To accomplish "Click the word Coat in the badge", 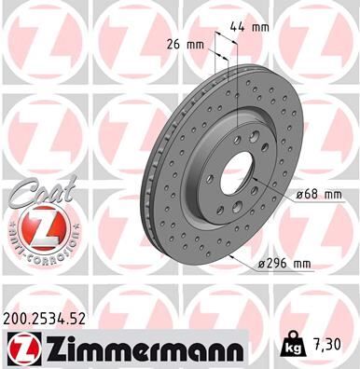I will [35, 193].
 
